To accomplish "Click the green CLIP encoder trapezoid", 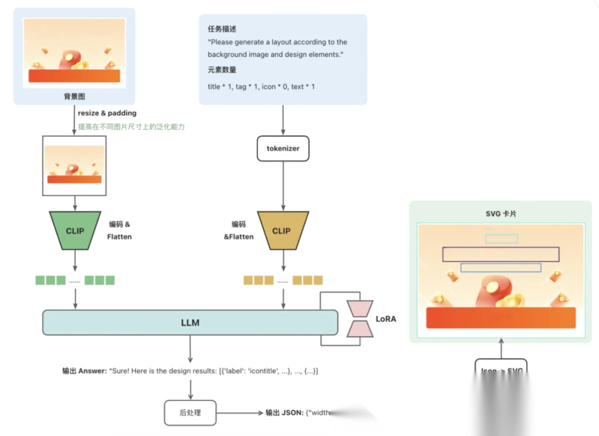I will click(x=75, y=230).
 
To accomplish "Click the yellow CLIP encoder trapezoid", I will click(x=281, y=230).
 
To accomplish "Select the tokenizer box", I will click(x=283, y=149).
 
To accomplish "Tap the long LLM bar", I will click(x=190, y=322).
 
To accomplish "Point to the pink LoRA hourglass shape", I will click(x=360, y=319).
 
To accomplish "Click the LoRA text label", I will click(x=386, y=319).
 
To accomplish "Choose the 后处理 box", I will click(x=190, y=413).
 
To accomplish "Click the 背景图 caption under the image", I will click(x=74, y=97).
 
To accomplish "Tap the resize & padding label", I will click(x=107, y=113).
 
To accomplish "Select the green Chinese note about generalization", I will click(x=131, y=126).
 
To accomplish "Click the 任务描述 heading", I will click(x=222, y=29).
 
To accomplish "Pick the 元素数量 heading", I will click(x=222, y=70).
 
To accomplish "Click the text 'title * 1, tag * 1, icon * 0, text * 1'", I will click(x=261, y=87).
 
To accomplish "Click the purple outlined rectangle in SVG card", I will click(x=500, y=254).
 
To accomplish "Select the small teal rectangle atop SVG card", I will click(x=501, y=239).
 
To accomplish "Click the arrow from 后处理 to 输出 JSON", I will click(x=239, y=413).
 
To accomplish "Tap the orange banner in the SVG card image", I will click(x=500, y=317).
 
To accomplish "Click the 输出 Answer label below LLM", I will click(x=84, y=371).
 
